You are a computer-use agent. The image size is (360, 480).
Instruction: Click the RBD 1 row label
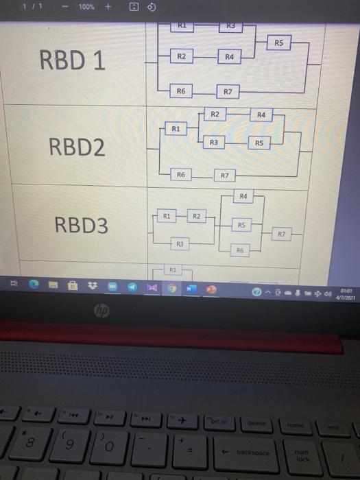[x=72, y=61]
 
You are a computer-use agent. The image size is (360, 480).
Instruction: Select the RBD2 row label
[x=77, y=146]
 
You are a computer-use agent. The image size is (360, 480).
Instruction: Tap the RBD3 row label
[x=81, y=225]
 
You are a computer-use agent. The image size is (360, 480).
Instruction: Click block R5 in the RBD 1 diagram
[x=278, y=43]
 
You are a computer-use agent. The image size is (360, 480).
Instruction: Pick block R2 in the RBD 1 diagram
[x=181, y=56]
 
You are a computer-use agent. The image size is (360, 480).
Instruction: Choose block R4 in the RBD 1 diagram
[x=229, y=58]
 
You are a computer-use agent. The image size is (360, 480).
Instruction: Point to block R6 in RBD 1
[x=181, y=91]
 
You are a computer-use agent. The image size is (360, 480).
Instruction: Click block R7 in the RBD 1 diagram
[x=228, y=91]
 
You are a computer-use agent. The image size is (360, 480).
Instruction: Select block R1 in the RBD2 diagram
[x=176, y=128]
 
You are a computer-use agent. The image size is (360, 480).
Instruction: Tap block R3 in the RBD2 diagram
[x=214, y=142]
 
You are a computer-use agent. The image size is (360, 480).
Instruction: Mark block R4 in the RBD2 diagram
[x=261, y=115]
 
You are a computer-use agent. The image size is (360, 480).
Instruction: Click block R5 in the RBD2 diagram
[x=259, y=143]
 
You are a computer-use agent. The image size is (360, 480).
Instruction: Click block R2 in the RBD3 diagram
[x=196, y=217]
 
